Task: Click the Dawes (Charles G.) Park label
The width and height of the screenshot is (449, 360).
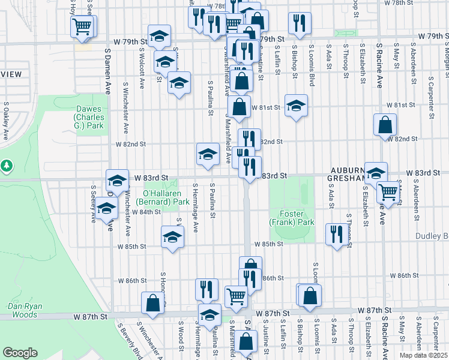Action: click(89, 117)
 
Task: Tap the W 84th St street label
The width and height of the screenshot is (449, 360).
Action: click(146, 212)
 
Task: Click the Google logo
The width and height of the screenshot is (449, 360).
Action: click(20, 353)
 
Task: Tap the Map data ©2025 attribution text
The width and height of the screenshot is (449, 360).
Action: click(424, 355)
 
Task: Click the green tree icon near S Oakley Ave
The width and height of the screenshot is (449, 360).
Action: click(7, 164)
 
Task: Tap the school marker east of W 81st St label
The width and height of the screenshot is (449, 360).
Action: click(296, 106)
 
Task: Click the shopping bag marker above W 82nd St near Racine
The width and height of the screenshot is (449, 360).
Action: click(385, 125)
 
